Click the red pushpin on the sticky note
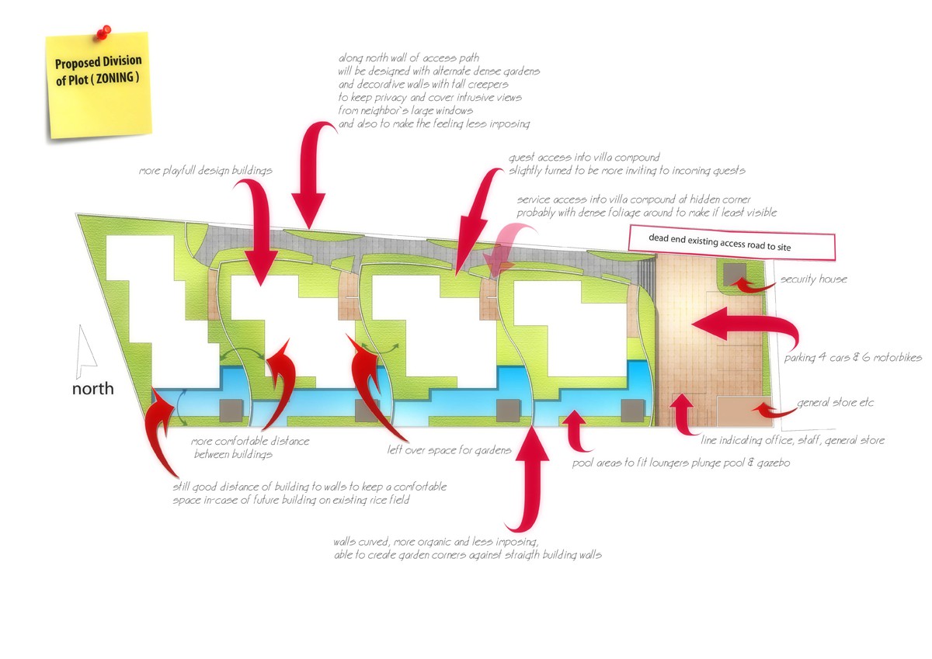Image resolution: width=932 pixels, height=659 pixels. pyautogui.click(x=102, y=33)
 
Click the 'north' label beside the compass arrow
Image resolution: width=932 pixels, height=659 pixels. pyautogui.click(x=92, y=388)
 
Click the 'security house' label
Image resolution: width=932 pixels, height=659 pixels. pyautogui.click(x=813, y=279)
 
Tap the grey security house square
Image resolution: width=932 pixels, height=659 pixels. pyautogui.click(x=734, y=274)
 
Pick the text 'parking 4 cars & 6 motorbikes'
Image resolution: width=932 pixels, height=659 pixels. pyautogui.click(x=850, y=357)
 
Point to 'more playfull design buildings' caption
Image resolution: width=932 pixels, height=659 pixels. pyautogui.click(x=206, y=170)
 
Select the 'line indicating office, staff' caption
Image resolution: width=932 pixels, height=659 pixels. pyautogui.click(x=792, y=440)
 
